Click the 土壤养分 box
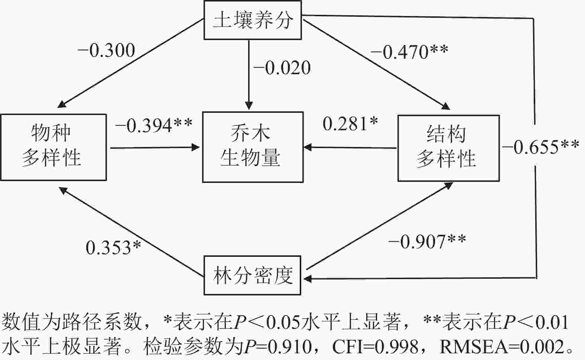(x=253, y=20)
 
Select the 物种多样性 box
(x=53, y=147)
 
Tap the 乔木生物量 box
(x=253, y=147)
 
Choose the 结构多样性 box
(x=448, y=148)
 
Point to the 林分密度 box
(x=253, y=275)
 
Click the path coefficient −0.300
(x=106, y=51)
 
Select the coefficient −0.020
(x=282, y=68)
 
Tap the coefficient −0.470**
(x=409, y=52)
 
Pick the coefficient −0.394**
(x=153, y=125)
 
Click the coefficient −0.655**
(x=540, y=147)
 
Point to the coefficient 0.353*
(x=113, y=248)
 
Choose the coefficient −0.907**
(x=427, y=242)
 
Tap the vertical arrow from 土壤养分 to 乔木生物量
(x=249, y=74)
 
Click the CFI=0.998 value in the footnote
(x=375, y=347)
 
